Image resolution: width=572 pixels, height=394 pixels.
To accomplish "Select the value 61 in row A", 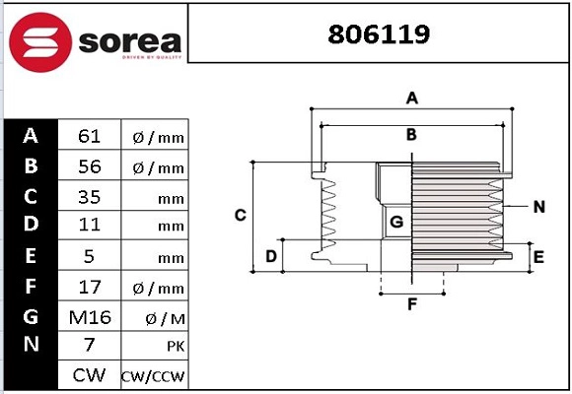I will pyautogui.click(x=89, y=136).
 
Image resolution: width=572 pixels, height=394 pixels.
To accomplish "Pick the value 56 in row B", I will pyautogui.click(x=89, y=166).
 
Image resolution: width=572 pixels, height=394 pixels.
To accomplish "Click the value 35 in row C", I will pyautogui.click(x=89, y=196).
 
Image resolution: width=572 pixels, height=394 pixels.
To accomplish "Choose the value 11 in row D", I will pyautogui.click(x=89, y=226).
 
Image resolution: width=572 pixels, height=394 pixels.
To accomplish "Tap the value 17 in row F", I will pyautogui.click(x=89, y=286).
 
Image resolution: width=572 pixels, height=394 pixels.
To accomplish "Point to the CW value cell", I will pyautogui.click(x=89, y=375).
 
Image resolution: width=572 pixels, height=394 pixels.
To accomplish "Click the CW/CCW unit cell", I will pyautogui.click(x=153, y=376).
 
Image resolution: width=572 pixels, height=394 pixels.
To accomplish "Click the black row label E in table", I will pyautogui.click(x=31, y=256).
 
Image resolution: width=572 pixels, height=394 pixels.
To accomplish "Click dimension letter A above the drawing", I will pyautogui.click(x=412, y=98).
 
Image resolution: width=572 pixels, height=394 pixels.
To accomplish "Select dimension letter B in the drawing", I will pyautogui.click(x=411, y=134).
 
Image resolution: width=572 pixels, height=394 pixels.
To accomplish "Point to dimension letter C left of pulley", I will pyautogui.click(x=240, y=215).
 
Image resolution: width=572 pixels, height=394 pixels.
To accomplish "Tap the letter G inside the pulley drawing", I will pyautogui.click(x=396, y=223).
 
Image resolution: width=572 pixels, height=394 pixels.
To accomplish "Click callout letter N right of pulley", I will pyautogui.click(x=538, y=207).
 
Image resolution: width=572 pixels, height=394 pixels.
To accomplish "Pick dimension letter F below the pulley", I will pyautogui.click(x=412, y=304).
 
